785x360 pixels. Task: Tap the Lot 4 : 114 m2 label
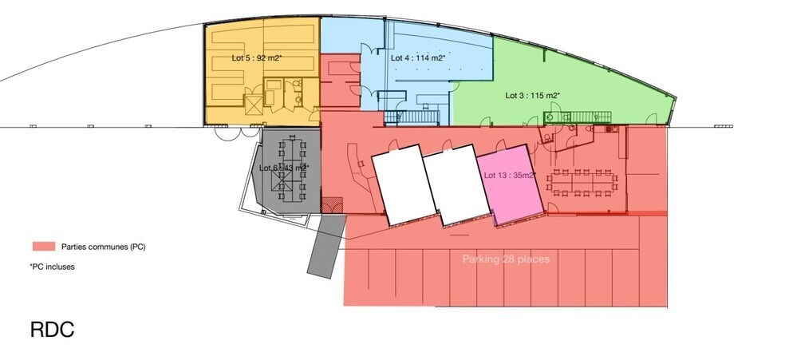point(417,58)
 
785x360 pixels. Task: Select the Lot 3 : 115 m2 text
point(532,95)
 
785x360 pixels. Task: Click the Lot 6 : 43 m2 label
point(284,168)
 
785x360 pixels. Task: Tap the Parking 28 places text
point(506,259)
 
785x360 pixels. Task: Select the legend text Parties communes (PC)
point(101,247)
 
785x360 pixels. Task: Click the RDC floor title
point(52,330)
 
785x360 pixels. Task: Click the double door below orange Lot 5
point(226,133)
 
